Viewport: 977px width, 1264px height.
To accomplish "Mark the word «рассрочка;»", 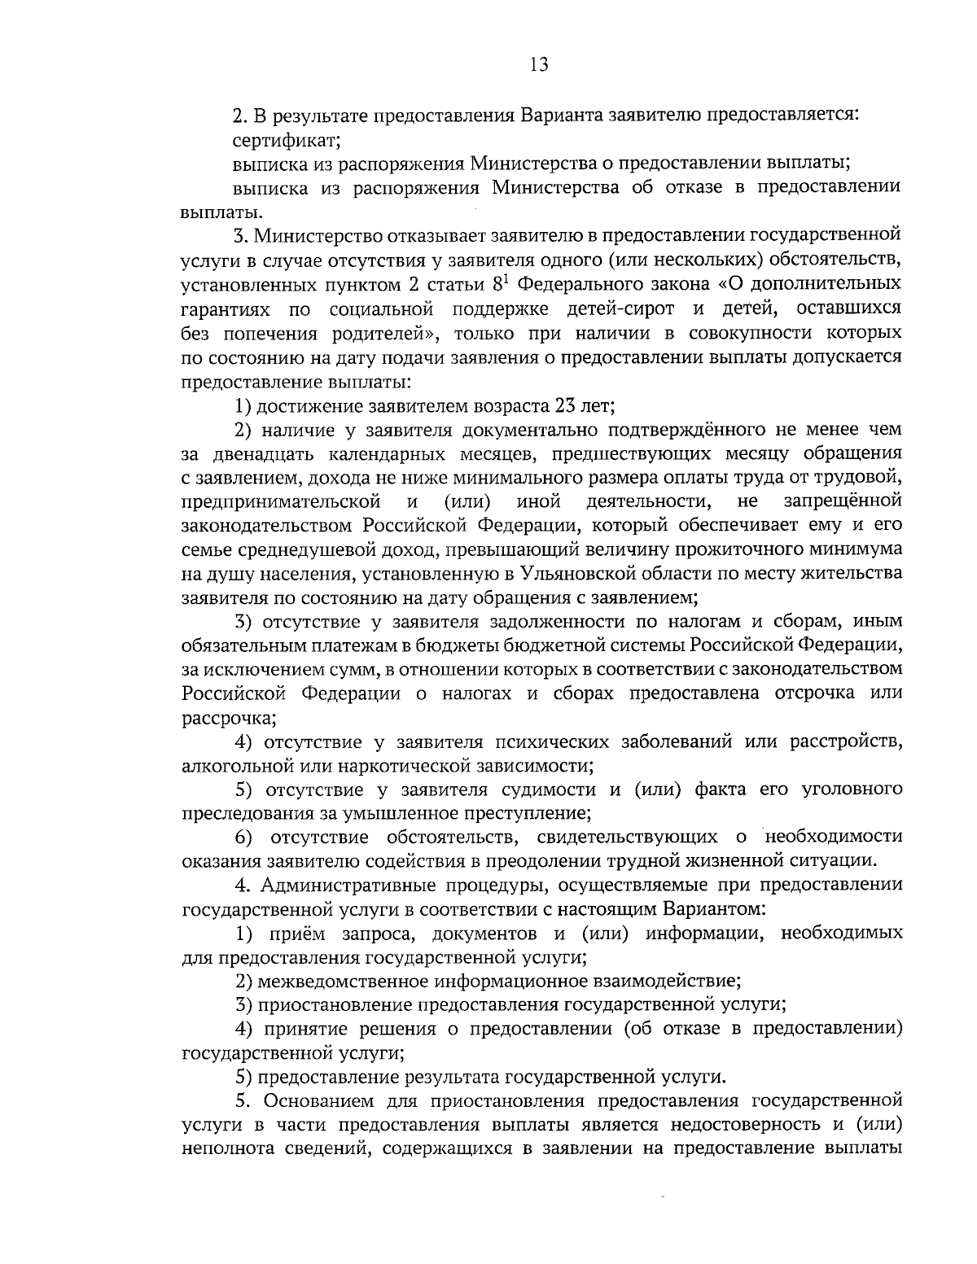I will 228,718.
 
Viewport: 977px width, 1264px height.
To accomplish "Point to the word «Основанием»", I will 304,1101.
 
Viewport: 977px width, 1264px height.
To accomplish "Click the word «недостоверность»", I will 738,1125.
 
